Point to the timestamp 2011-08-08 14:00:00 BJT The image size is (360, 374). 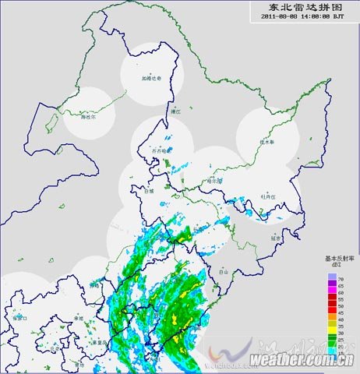point(302,16)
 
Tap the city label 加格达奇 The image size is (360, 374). point(151,78)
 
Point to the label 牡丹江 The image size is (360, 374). point(268,197)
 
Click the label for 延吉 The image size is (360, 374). point(275,238)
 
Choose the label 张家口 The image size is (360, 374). point(19,319)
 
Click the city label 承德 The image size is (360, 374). point(78,319)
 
